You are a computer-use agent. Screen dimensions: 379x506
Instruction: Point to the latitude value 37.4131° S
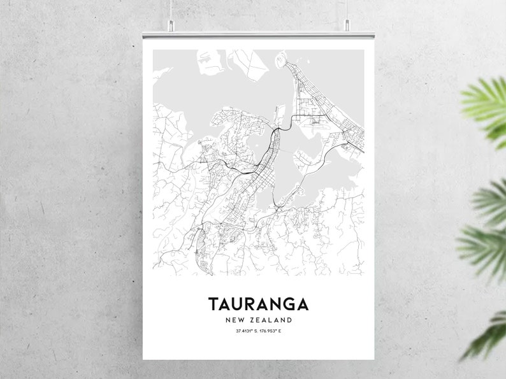point(239,331)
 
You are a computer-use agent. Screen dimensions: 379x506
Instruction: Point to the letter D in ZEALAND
point(290,320)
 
